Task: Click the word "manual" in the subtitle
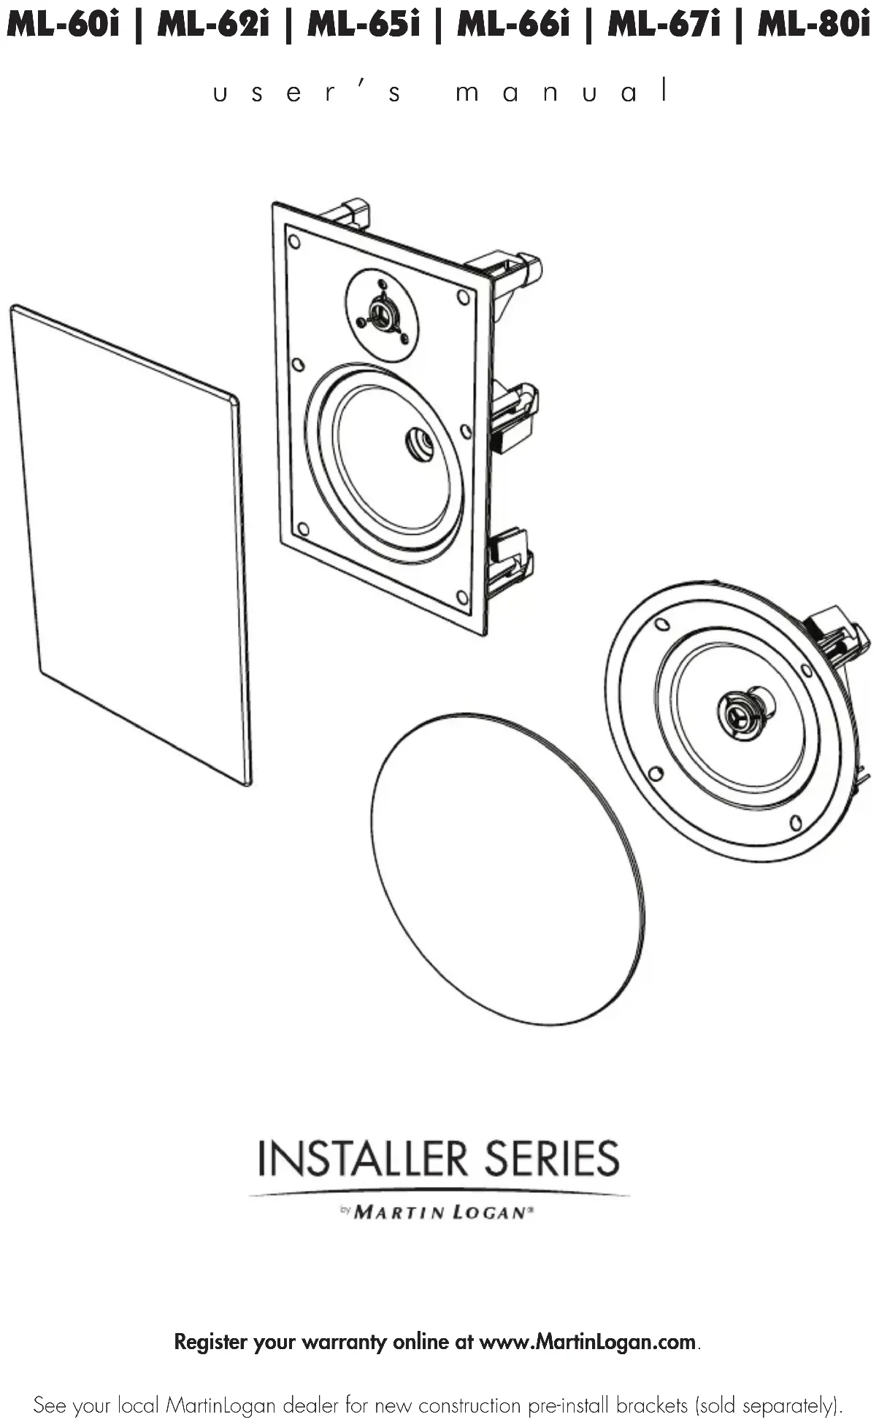pyautogui.click(x=561, y=93)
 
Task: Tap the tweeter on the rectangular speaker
pyautogui.click(x=380, y=314)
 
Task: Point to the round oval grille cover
pyautogui.click(x=507, y=868)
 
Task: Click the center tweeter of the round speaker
pyautogui.click(x=741, y=714)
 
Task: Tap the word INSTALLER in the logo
pyautogui.click(x=362, y=1159)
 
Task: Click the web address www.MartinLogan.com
pyautogui.click(x=587, y=1342)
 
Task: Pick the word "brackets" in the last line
pyautogui.click(x=652, y=1405)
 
